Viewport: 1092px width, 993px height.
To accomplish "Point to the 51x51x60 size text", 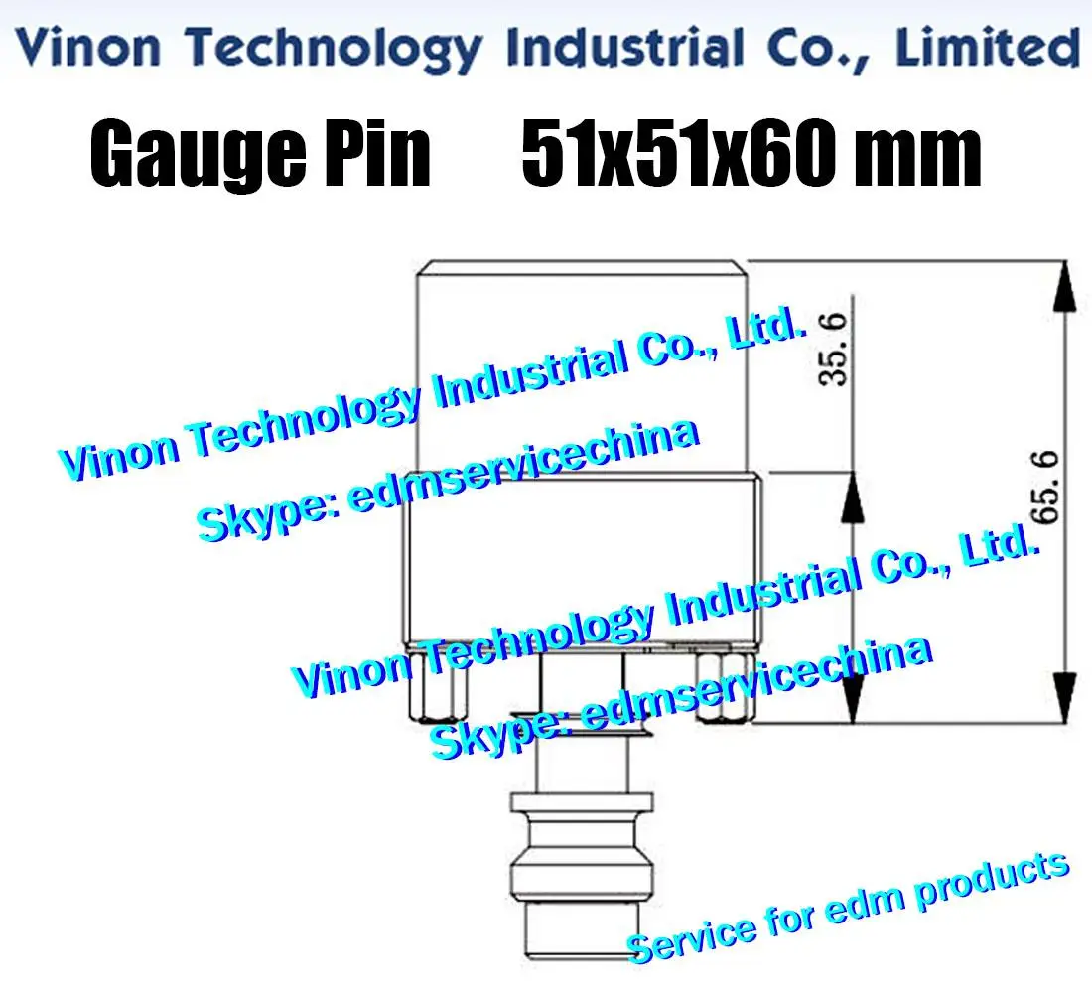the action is click(x=695, y=157).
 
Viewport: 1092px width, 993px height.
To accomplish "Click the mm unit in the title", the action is click(x=923, y=157).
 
